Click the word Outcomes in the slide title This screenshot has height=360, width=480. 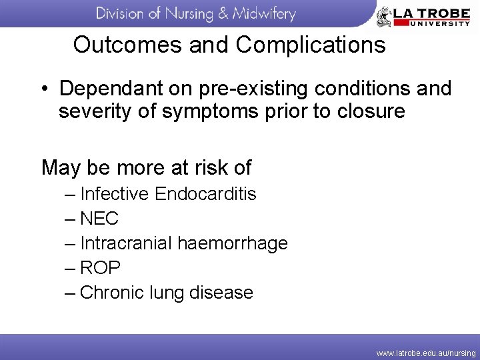tap(117, 45)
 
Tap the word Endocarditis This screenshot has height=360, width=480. tap(205, 194)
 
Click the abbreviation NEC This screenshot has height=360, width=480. tap(99, 219)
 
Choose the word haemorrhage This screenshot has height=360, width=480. tap(232, 244)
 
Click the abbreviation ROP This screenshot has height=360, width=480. tap(100, 268)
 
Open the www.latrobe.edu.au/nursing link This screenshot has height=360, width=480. tap(426, 353)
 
